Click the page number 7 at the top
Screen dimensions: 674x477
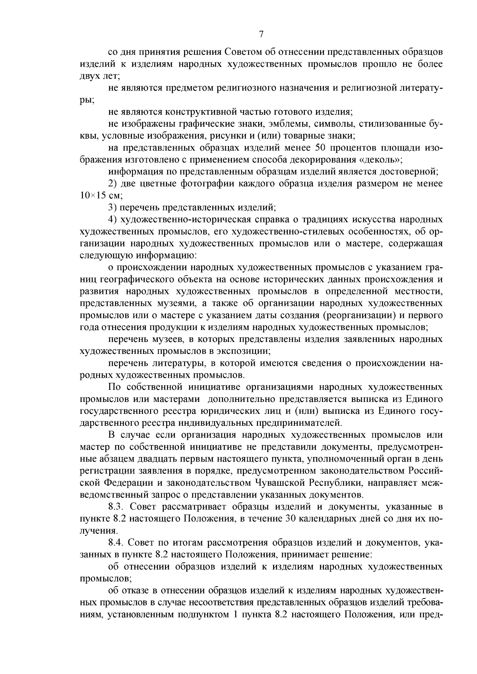point(261,34)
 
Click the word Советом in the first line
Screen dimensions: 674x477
point(242,52)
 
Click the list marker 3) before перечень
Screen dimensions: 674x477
point(113,208)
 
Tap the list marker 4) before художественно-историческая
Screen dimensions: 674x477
point(113,220)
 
